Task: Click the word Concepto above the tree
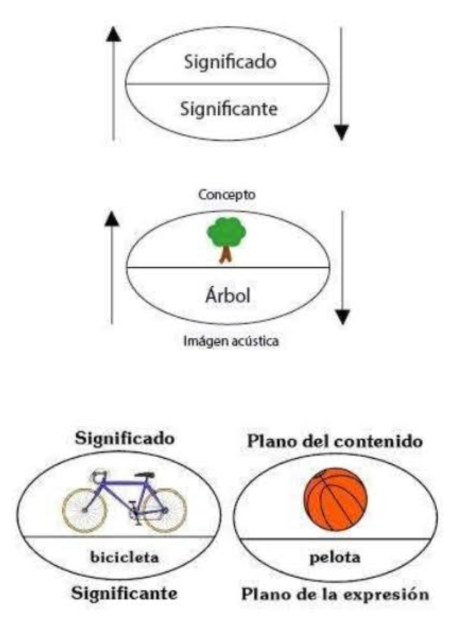click(227, 195)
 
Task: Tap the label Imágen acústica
click(231, 341)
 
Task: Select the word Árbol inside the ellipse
click(227, 295)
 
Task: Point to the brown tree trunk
click(226, 254)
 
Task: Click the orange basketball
click(335, 499)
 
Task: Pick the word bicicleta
click(124, 557)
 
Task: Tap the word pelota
click(335, 558)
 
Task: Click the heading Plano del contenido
click(335, 441)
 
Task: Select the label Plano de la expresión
click(335, 594)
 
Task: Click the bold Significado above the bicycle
click(125, 438)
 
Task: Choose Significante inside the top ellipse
click(228, 109)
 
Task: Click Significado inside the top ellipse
click(230, 62)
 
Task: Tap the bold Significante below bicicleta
click(124, 593)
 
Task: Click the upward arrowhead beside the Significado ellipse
click(114, 34)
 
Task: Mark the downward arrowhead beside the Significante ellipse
click(341, 133)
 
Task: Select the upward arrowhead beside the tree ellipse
click(112, 219)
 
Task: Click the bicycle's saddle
click(145, 475)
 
